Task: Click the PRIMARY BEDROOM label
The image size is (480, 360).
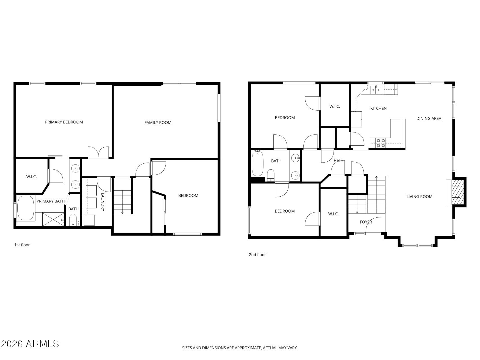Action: (x=64, y=122)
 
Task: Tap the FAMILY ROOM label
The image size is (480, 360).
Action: (x=158, y=123)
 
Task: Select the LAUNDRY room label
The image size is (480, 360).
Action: (x=103, y=202)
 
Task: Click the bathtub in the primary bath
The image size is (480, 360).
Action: (x=26, y=208)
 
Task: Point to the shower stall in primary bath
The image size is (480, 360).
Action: (x=53, y=219)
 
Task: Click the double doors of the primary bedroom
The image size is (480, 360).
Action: (x=98, y=152)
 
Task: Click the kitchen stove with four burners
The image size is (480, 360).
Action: (x=381, y=143)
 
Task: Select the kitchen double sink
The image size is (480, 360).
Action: (x=376, y=90)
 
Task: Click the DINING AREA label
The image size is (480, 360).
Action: (x=429, y=119)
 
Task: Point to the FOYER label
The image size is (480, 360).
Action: (x=366, y=222)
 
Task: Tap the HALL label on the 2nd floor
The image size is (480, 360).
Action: (x=338, y=161)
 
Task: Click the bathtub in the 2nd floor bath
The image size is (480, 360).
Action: (x=257, y=163)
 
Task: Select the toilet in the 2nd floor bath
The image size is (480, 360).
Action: (x=271, y=175)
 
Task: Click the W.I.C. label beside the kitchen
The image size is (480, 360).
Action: (x=335, y=107)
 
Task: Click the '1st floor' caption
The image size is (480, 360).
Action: (x=22, y=245)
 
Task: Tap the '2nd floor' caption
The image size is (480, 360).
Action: (x=257, y=255)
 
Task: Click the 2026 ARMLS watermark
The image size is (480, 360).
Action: (x=30, y=344)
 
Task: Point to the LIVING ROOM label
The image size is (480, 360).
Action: (x=419, y=197)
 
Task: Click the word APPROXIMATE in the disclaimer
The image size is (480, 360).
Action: (x=247, y=348)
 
